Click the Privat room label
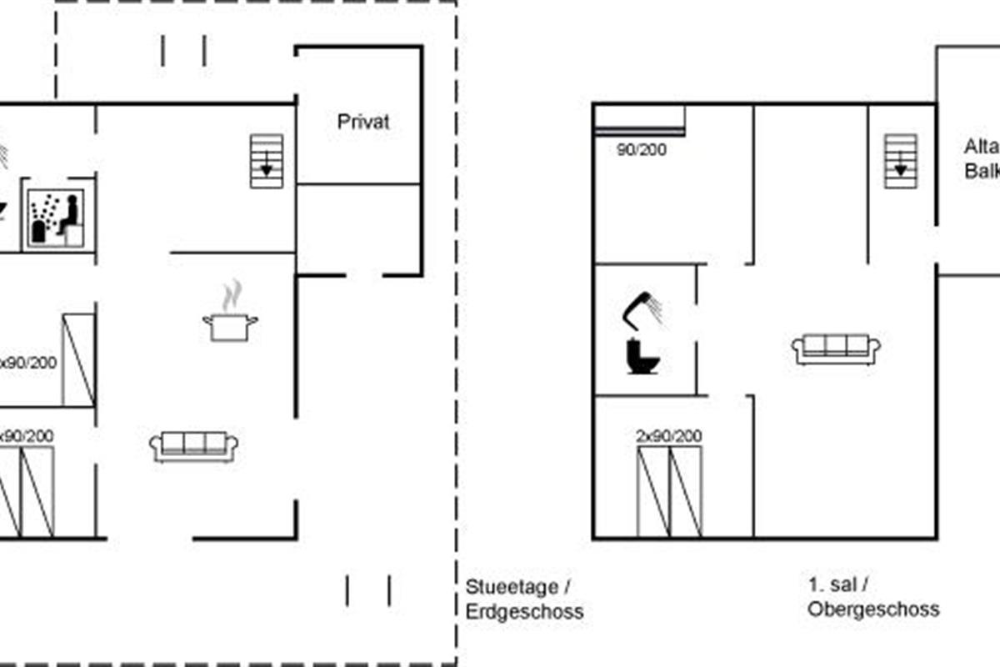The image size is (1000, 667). pos(363,122)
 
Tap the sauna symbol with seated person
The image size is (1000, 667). pos(56,218)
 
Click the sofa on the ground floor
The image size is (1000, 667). pos(193,446)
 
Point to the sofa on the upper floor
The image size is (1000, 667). pos(836,349)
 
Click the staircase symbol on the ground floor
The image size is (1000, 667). pos(267,160)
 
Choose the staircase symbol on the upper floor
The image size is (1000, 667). pos(900,160)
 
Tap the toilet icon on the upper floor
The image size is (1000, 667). pos(642,356)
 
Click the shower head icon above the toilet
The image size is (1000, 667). pos(644,308)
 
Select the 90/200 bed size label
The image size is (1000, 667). pos(641,151)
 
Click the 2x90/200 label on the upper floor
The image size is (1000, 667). pos(668,436)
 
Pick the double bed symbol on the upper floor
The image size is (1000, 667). pos(669,491)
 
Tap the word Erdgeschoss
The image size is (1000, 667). pos(524,611)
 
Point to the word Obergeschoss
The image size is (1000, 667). pos(872,609)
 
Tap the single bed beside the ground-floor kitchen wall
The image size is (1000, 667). pos(78,359)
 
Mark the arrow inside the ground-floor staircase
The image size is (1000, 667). pos(267,168)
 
